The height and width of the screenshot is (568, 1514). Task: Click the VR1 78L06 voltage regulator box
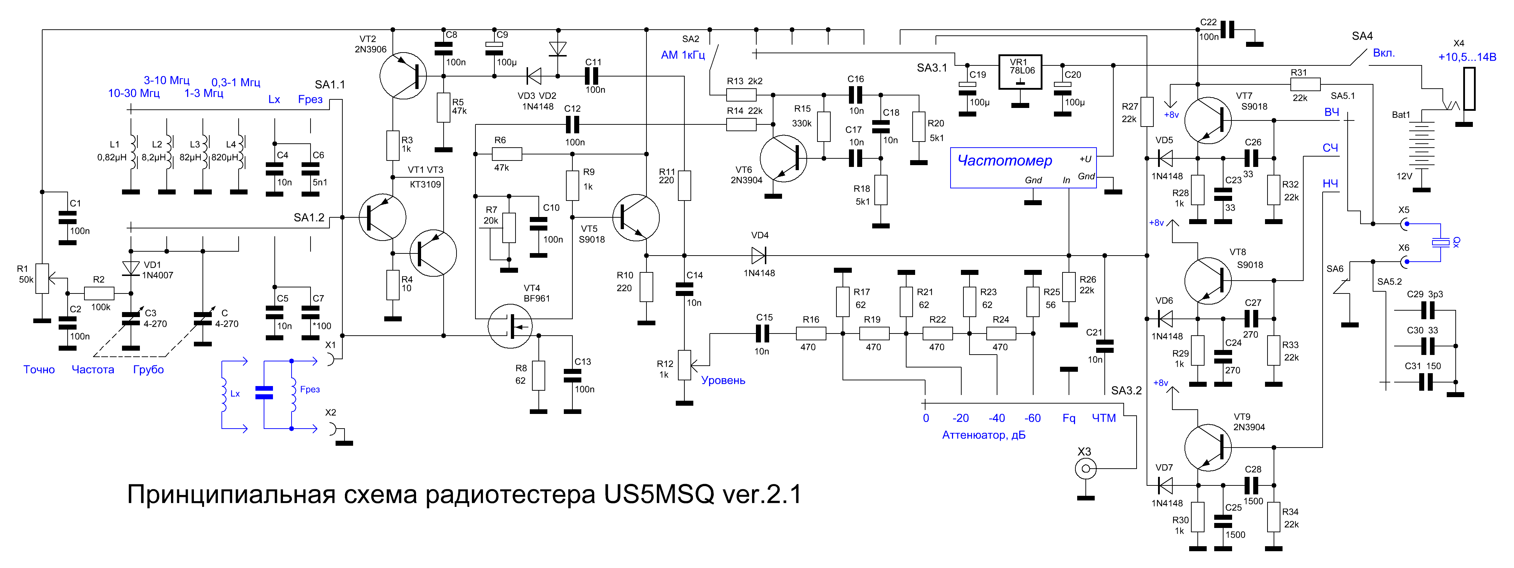1020,71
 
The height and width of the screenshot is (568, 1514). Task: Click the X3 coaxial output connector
1085,469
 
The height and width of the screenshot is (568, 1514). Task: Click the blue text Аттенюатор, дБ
984,435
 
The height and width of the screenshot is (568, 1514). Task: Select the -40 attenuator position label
996,418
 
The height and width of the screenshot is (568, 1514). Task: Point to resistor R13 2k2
741,95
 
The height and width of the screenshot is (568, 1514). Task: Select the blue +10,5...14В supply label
1467,57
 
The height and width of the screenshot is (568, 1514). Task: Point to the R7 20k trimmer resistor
509,228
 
